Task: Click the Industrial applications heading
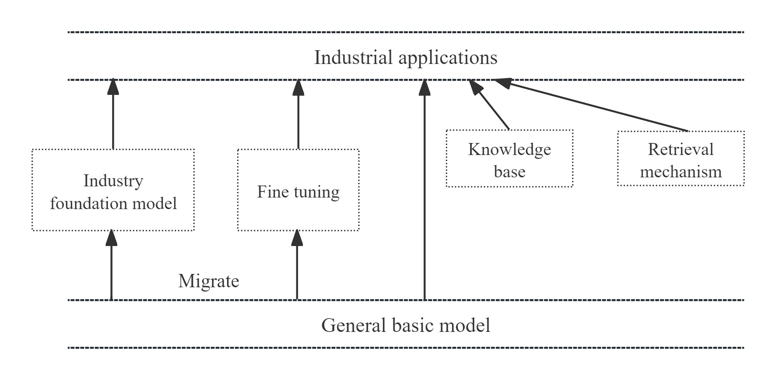(405, 58)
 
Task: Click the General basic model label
(405, 325)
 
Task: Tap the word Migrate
(208, 281)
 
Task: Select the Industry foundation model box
(113, 190)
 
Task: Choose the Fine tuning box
(298, 190)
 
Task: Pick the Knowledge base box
(509, 159)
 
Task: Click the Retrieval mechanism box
(681, 159)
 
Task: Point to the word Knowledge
(509, 149)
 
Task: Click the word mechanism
(681, 172)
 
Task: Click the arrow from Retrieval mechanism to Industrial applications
(593, 105)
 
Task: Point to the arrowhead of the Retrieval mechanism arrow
(502, 82)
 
